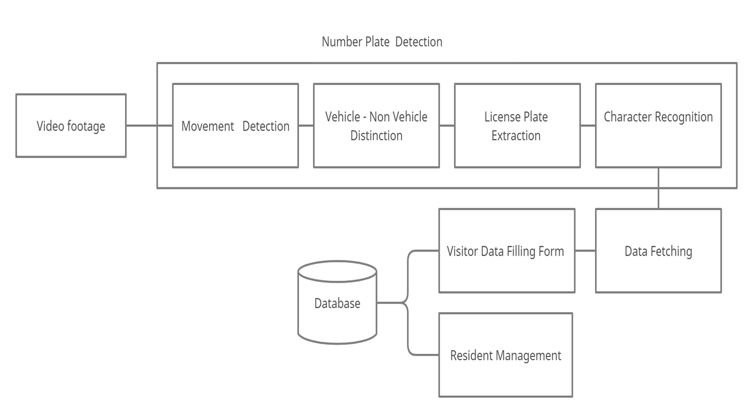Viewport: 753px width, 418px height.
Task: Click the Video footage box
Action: coord(71,126)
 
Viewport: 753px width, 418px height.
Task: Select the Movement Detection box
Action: coord(235,126)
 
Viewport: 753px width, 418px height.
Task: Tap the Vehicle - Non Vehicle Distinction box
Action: coord(376,126)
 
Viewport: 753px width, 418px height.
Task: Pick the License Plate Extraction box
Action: coord(517,126)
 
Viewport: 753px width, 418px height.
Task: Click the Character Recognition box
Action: coord(658,126)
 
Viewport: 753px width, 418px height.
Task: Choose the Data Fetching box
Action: coord(658,251)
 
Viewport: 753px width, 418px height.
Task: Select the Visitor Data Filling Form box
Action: coord(506,251)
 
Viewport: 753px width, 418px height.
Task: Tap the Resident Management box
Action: coord(505,355)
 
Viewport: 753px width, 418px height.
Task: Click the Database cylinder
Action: coord(337,303)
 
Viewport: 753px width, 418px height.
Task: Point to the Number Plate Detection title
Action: coord(382,42)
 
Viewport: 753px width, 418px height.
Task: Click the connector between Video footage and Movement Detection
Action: coord(149,126)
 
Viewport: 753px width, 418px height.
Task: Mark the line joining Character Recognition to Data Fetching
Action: coord(658,188)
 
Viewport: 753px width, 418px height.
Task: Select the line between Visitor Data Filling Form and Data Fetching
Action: coord(585,251)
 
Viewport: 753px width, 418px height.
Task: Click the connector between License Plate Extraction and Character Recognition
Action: coord(588,126)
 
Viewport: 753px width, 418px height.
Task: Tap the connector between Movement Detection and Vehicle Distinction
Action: coord(306,126)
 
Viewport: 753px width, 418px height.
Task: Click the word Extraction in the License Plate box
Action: coord(516,136)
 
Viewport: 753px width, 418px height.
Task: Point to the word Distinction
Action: coord(376,136)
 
